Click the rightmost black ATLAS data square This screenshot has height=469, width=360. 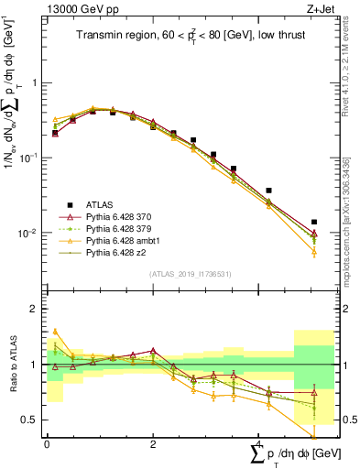pyautogui.click(x=314, y=222)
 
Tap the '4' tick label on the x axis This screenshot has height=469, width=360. pyautogui.click(x=258, y=443)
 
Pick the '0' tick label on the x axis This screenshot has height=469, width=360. pyautogui.click(x=47, y=443)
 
